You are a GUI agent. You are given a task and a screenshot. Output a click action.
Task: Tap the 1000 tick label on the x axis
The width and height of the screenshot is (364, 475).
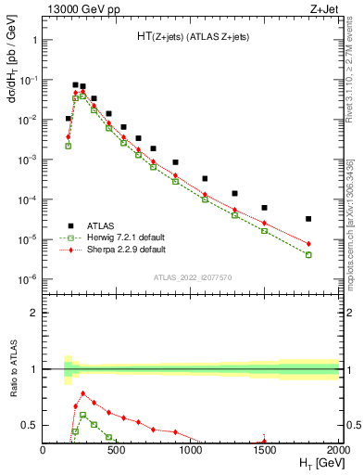(x=191, y=450)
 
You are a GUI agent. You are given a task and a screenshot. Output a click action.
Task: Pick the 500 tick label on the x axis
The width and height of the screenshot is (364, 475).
(x=117, y=450)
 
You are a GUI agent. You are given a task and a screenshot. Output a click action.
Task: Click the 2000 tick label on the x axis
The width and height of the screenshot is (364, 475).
(x=338, y=450)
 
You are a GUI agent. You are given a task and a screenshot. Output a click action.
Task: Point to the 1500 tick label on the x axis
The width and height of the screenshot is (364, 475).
(x=265, y=450)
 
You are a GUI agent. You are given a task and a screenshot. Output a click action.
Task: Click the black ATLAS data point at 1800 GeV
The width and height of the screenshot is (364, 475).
(x=308, y=219)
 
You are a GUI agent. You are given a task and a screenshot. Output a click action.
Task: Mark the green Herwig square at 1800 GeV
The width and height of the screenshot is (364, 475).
(x=308, y=254)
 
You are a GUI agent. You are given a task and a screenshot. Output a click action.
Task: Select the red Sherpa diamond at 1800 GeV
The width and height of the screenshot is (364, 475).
(x=308, y=244)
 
